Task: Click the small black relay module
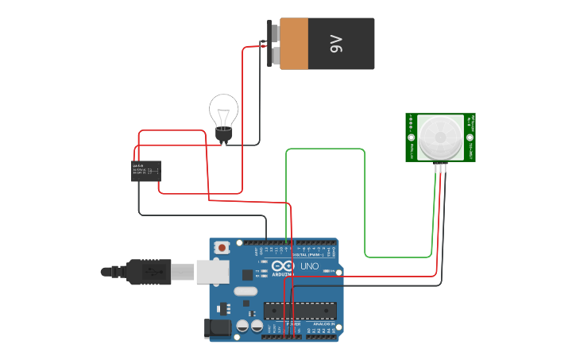[146, 171]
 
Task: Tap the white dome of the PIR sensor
[440, 137]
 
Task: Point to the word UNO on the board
[309, 265]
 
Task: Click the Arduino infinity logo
[283, 266]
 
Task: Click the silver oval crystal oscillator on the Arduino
[245, 292]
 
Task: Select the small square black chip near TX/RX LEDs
[247, 275]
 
